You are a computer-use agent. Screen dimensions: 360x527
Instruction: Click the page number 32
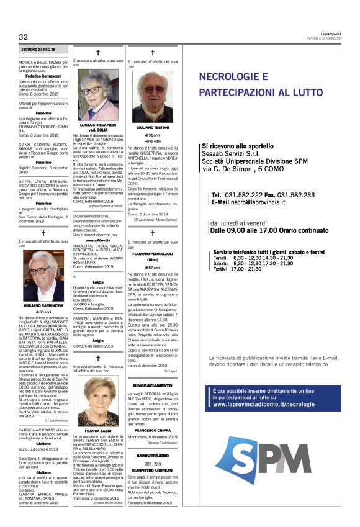24,37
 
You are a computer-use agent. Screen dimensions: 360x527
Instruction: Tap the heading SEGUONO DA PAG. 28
38,48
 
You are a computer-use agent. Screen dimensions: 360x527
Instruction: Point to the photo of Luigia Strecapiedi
98,94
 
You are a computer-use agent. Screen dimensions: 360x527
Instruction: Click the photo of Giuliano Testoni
153,97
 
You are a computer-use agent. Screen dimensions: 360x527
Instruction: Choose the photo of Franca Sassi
98,400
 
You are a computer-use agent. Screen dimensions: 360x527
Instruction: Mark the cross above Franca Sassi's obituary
98,358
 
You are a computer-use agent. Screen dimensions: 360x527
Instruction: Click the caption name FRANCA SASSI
98,430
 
